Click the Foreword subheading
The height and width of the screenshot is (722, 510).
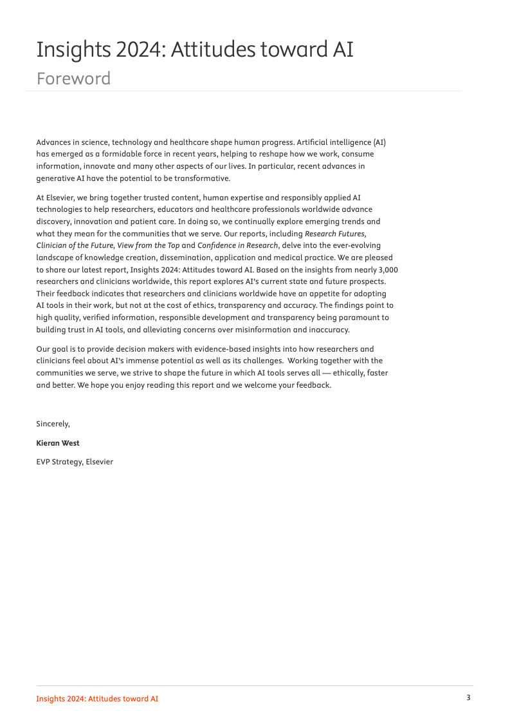click(x=73, y=79)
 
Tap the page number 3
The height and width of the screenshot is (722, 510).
click(x=469, y=698)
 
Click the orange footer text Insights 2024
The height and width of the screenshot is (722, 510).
click(x=97, y=699)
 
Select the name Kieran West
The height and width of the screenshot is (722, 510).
click(x=58, y=443)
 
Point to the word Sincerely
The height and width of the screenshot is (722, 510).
click(x=53, y=424)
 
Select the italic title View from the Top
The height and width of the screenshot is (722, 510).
click(x=148, y=246)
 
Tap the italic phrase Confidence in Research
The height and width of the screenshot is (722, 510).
click(x=238, y=246)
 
